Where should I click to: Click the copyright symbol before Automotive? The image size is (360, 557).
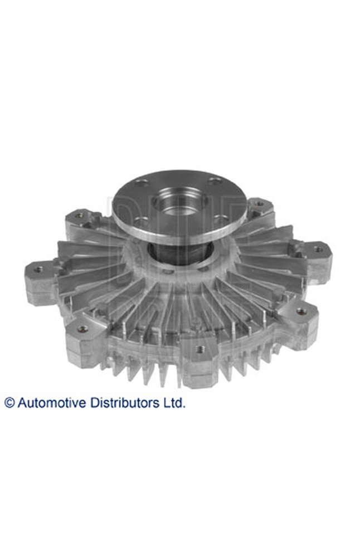coord(9,403)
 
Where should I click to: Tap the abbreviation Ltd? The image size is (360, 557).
coord(174,403)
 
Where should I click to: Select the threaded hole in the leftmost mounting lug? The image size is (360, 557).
coord(38,270)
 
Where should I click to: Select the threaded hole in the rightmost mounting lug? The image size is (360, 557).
coord(318,249)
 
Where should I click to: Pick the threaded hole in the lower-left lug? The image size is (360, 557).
coord(82,329)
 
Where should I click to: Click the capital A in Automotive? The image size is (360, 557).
coord(22,403)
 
